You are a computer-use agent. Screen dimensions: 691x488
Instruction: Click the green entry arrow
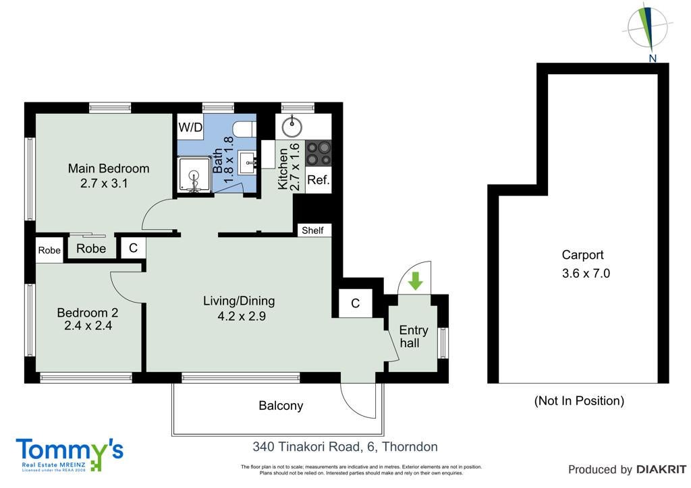415,281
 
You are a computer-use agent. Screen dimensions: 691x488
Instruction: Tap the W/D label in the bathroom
190,127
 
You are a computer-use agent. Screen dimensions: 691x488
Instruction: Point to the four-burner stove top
319,153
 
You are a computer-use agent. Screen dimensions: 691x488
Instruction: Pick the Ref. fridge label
319,179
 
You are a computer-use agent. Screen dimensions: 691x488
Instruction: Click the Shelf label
312,230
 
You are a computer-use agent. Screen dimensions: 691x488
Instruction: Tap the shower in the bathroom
194,175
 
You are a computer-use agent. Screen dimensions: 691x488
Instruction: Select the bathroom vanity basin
250,163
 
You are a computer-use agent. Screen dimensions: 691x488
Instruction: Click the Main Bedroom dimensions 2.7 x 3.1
104,183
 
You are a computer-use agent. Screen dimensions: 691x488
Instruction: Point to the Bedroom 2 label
87,313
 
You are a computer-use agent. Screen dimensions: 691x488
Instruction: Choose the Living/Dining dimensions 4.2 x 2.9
242,316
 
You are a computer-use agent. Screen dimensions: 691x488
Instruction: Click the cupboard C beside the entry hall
355,303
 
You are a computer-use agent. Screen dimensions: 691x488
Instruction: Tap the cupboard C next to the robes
133,248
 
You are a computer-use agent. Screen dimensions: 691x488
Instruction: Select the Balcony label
281,405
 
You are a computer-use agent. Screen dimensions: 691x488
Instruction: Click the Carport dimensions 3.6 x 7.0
586,273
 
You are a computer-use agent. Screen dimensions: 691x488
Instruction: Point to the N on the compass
653,58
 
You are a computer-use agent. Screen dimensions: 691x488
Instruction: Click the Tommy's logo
70,454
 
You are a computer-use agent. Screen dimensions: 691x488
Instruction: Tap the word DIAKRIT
661,470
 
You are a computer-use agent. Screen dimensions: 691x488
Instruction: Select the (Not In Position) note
579,401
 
